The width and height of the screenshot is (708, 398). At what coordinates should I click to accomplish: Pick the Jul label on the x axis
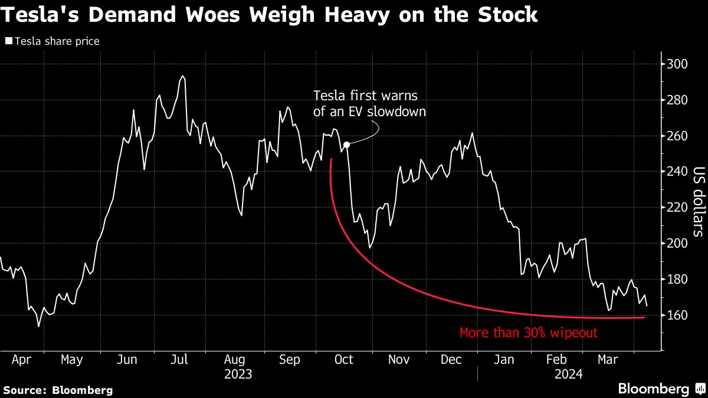pyautogui.click(x=179, y=359)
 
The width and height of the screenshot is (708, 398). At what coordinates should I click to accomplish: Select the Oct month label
pyautogui.click(x=343, y=359)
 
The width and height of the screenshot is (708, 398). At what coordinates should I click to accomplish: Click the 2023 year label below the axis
pyautogui.click(x=238, y=374)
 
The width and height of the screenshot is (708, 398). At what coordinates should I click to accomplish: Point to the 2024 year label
pyautogui.click(x=569, y=374)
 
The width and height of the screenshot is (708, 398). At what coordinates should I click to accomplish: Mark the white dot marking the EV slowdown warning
pyautogui.click(x=346, y=144)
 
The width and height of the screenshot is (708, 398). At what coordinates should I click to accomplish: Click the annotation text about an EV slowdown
pyautogui.click(x=369, y=103)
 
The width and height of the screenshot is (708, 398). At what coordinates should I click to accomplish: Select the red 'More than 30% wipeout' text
pyautogui.click(x=529, y=333)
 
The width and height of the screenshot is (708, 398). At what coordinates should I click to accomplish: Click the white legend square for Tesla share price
pyautogui.click(x=8, y=41)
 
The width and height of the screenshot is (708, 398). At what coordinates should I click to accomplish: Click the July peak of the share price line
pyautogui.click(x=182, y=76)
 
